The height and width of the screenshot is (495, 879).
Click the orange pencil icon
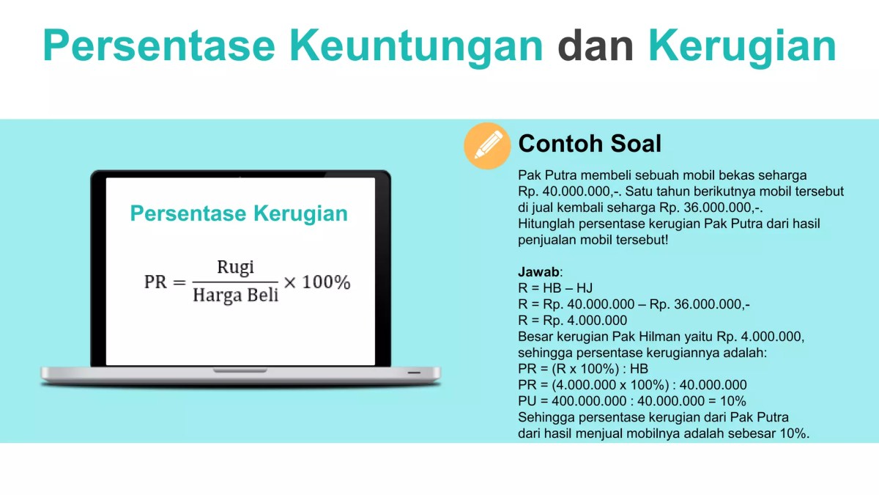coord(487,145)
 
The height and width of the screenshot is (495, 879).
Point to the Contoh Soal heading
coord(590,144)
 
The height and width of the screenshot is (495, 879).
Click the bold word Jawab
coord(538,272)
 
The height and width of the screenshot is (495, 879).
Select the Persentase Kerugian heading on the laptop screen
coord(239,213)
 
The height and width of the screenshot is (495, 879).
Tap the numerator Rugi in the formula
coord(235,267)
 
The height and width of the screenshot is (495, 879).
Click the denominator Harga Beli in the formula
coord(235,296)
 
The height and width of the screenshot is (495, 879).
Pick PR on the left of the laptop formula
coord(156,282)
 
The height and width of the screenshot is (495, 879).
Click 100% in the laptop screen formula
coord(326,282)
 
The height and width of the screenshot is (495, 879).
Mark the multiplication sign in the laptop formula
coord(290,282)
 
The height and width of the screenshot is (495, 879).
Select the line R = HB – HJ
coord(555,288)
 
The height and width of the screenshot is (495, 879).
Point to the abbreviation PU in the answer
coord(527,401)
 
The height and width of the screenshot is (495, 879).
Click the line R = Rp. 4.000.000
coord(572,320)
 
